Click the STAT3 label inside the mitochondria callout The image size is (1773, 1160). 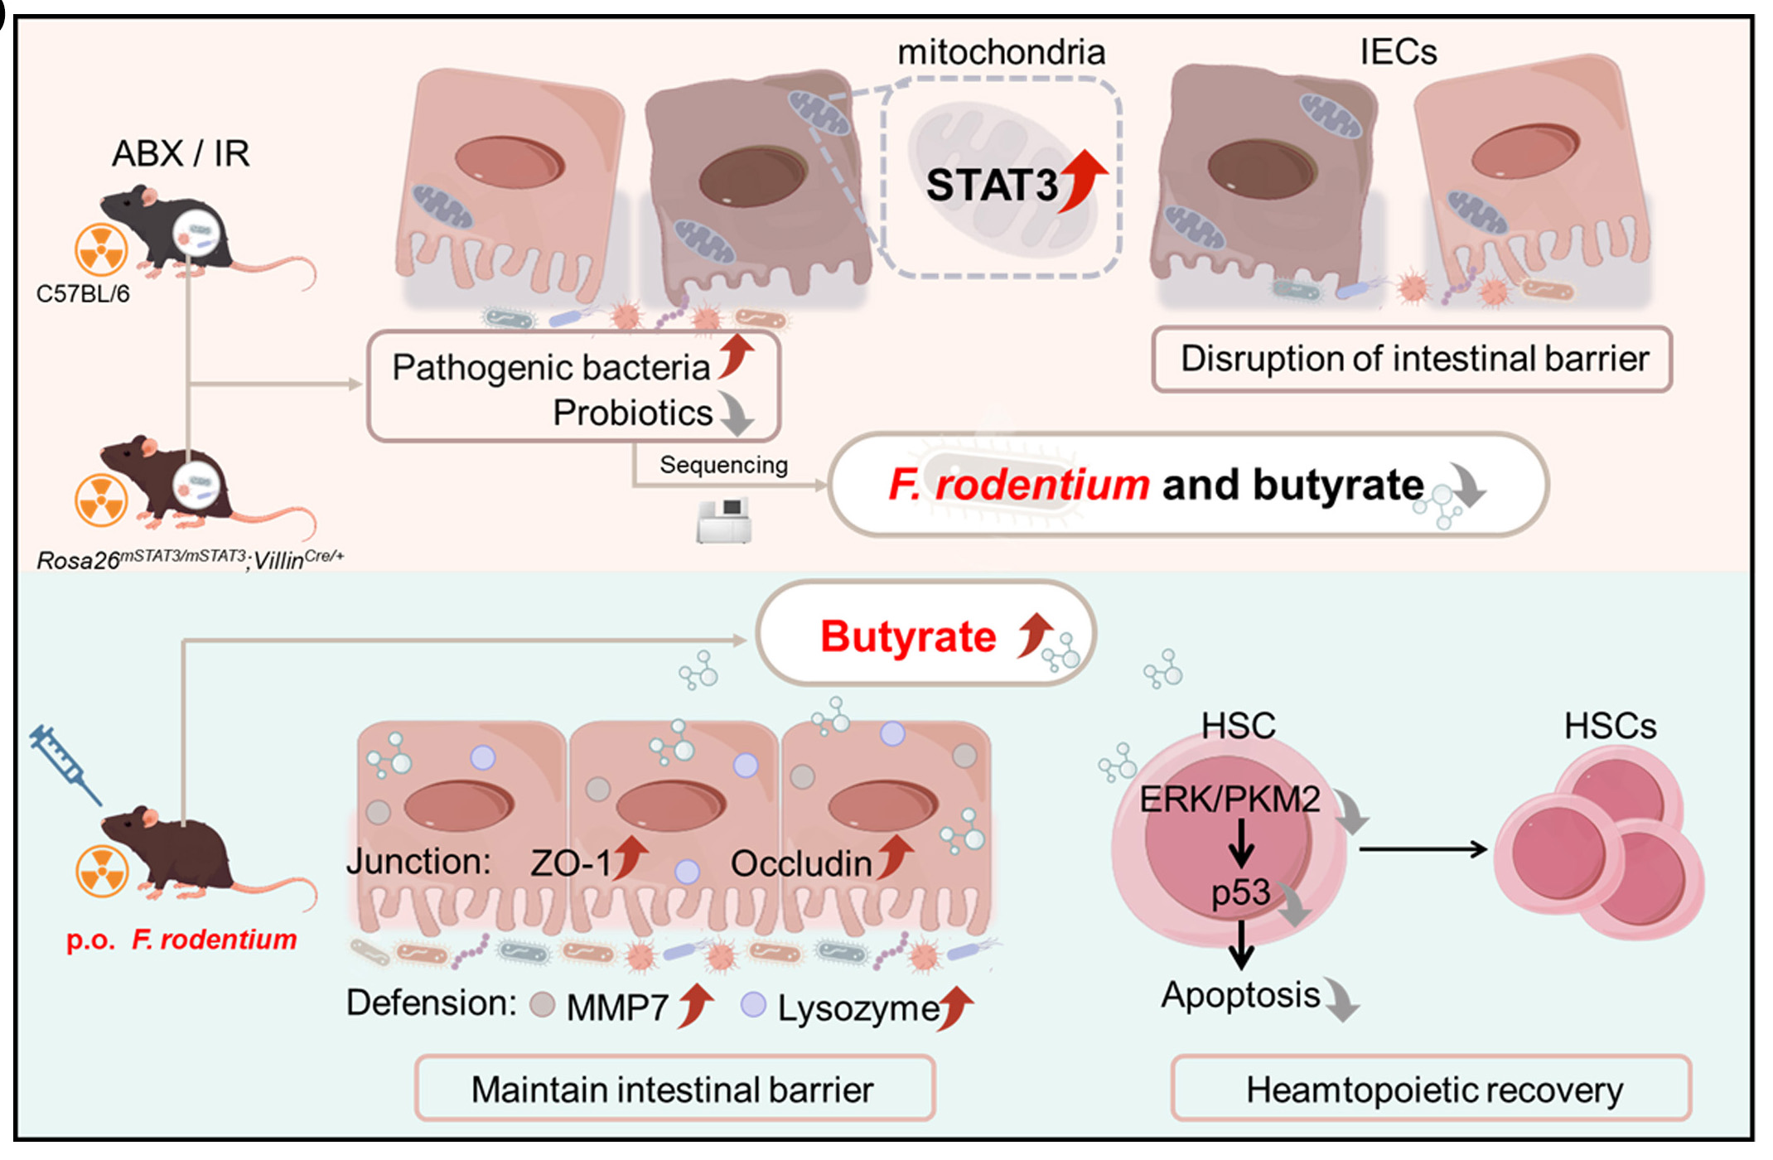[991, 185]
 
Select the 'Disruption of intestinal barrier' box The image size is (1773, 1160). [1413, 360]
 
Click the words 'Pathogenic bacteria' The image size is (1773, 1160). [551, 367]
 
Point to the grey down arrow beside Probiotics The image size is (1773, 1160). [737, 413]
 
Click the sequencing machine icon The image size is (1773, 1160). [724, 520]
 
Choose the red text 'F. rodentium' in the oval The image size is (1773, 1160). [1019, 485]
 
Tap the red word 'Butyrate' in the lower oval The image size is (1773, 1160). [908, 636]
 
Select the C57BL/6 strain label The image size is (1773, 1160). [83, 294]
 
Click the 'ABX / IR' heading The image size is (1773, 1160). [181, 153]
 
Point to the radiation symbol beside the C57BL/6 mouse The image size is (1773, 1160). [101, 249]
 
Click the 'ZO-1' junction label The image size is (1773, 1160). [571, 863]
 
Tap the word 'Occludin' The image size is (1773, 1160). [801, 863]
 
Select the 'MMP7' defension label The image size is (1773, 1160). [617, 1008]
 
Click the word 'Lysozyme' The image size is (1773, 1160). [858, 1008]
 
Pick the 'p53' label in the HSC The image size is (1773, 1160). [1240, 892]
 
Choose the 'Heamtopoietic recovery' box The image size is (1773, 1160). [1433, 1090]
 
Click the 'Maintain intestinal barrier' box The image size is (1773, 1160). [673, 1090]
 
